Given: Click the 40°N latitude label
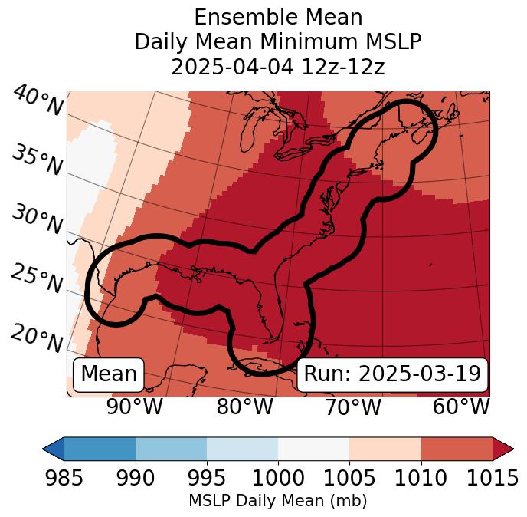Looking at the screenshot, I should tap(37, 101).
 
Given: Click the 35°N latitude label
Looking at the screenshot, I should tap(37, 160).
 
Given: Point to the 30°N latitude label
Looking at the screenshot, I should tap(37, 221).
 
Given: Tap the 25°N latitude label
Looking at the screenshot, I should tap(37, 279).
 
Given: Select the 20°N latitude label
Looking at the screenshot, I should tap(37, 338).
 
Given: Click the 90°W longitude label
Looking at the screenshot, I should tap(135, 407).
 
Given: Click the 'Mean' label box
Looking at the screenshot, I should tap(109, 374).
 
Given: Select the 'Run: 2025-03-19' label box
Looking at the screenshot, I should tap(392, 374).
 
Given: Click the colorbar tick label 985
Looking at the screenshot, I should tap(64, 479).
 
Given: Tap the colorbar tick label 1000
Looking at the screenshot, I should tap(278, 479).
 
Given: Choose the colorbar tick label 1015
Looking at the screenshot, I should tap(493, 479).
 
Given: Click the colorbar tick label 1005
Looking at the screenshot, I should tap(349, 479).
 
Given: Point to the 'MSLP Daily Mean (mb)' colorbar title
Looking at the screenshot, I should tap(277, 502).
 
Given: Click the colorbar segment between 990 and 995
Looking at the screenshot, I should tap(171, 448).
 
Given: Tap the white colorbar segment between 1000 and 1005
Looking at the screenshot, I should tap(313, 448).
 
